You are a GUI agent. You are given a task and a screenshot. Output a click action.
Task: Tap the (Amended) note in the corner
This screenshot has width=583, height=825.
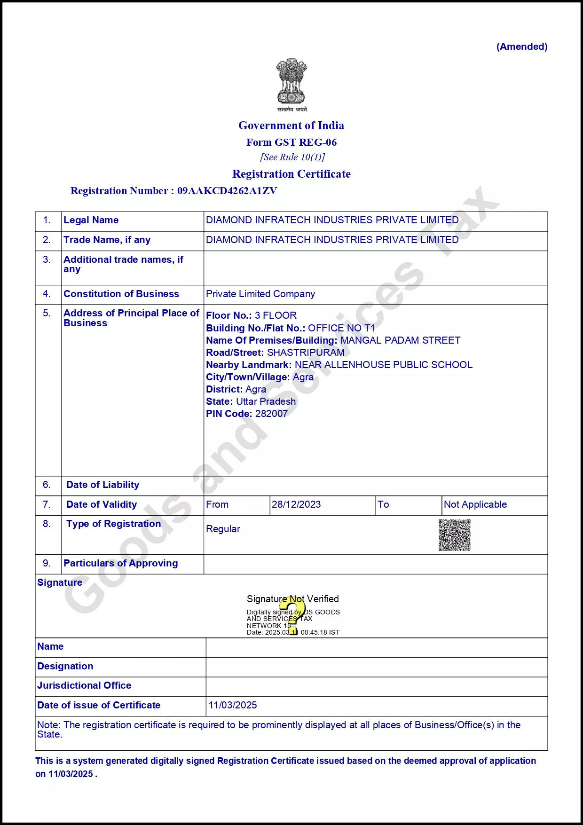click(522, 47)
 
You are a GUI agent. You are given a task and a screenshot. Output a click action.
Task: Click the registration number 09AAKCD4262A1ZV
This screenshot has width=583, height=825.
click(227, 191)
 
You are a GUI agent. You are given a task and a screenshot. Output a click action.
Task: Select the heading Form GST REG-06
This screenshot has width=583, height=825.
click(291, 142)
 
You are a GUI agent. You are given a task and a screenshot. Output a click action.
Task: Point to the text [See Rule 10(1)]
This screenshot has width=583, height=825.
click(292, 157)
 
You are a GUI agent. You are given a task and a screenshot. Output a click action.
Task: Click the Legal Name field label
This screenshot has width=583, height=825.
click(91, 220)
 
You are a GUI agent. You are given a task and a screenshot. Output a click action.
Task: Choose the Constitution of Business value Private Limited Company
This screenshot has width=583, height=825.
click(260, 294)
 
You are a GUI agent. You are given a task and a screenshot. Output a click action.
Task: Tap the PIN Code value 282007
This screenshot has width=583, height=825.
click(271, 414)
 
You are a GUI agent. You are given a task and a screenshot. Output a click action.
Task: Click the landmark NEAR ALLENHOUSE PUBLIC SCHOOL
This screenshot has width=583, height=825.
click(383, 365)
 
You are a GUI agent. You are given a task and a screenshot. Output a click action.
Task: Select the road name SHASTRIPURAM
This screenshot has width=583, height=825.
click(306, 353)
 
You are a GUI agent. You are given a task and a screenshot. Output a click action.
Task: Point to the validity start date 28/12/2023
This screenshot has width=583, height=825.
click(296, 504)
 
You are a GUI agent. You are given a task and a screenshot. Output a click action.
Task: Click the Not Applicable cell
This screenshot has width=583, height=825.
click(475, 504)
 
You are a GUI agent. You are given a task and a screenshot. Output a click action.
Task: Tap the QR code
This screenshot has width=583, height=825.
click(455, 535)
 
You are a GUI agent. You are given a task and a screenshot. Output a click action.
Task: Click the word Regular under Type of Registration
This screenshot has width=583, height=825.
click(223, 529)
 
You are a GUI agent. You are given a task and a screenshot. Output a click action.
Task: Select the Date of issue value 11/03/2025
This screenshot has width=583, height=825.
click(233, 705)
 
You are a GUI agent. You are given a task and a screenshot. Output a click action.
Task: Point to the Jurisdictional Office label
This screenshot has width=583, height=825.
click(84, 685)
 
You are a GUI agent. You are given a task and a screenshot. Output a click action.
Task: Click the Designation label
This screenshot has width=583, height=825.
click(65, 666)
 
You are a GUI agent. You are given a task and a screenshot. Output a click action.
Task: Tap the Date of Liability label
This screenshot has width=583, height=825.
click(102, 485)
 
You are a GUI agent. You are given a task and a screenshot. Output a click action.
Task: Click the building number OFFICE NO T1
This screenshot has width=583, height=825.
click(341, 328)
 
